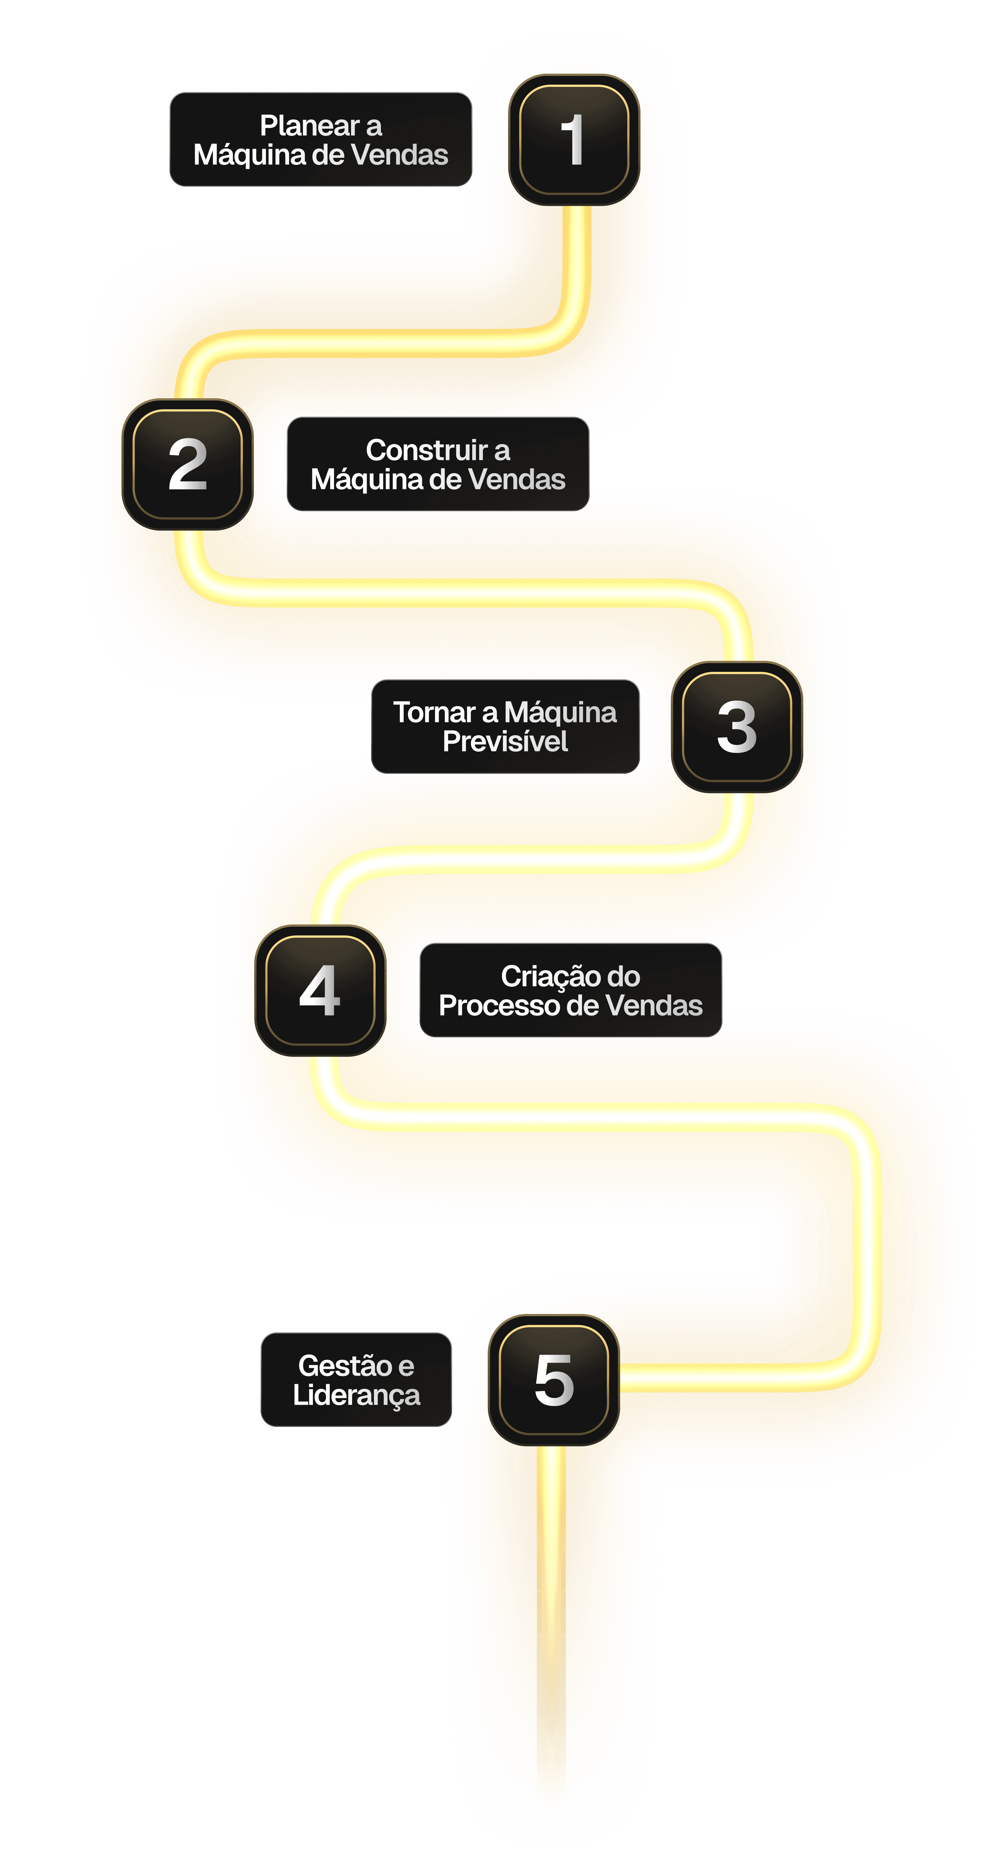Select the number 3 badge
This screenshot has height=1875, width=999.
736,726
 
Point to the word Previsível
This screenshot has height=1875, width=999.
505,742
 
